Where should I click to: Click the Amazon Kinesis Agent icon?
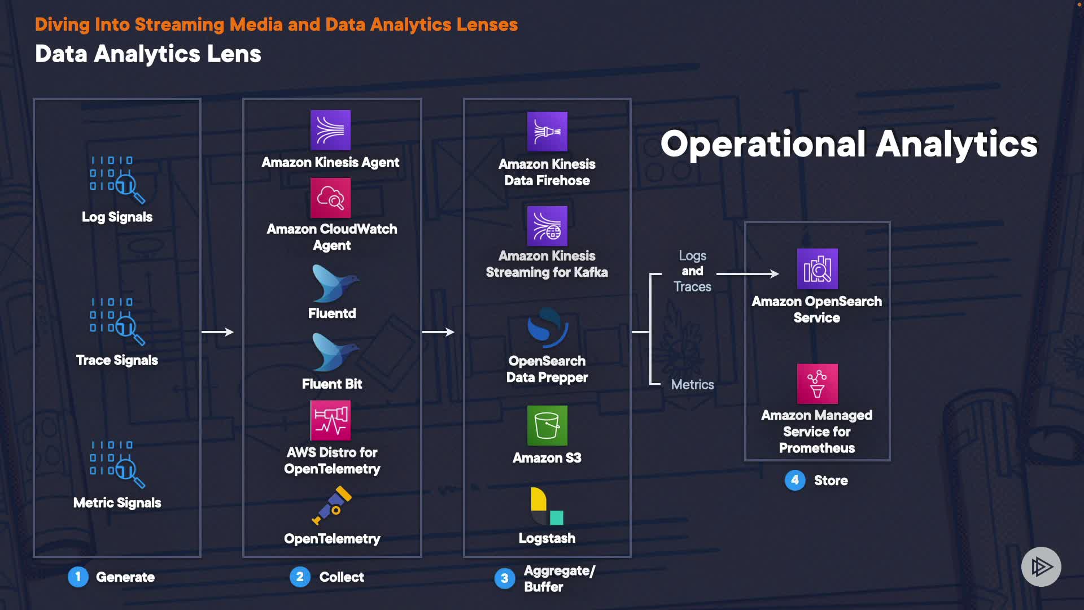coord(330,130)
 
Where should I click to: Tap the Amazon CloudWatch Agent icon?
coord(330,198)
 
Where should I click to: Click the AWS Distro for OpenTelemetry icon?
coord(330,420)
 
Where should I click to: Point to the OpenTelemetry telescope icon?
coord(333,505)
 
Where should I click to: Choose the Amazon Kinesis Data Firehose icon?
coord(547,132)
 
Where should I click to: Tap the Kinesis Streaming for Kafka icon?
coord(547,226)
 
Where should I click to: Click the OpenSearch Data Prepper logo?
coord(547,328)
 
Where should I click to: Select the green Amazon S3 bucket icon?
coord(547,425)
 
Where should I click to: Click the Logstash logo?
coord(547,506)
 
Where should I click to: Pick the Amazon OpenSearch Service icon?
coord(817,269)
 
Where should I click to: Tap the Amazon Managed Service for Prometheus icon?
coord(817,384)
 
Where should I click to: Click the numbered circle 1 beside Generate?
coord(78,577)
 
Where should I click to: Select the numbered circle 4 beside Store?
coord(795,480)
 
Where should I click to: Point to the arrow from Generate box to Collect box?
coord(217,332)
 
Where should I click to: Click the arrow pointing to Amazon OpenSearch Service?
coord(748,274)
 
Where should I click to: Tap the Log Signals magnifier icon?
coord(117,180)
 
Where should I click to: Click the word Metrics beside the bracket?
coord(692,385)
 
